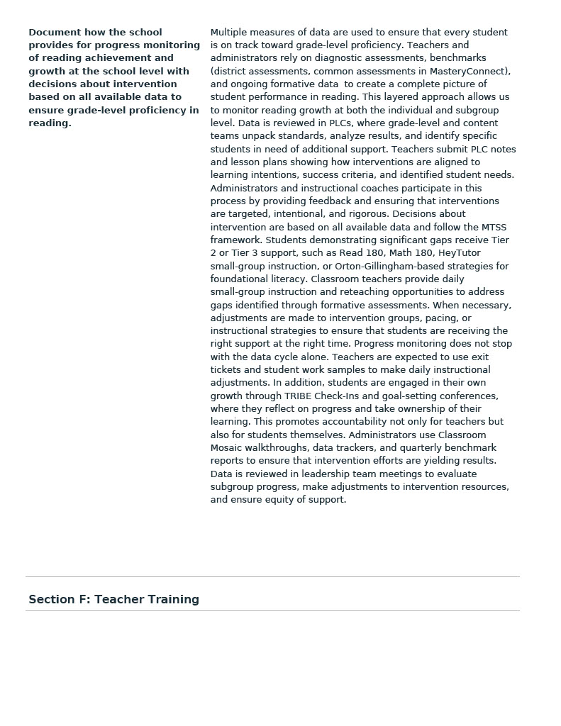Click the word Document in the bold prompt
click(55, 33)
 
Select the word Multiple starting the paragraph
click(229, 33)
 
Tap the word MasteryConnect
click(470, 72)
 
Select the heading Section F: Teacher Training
click(113, 600)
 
